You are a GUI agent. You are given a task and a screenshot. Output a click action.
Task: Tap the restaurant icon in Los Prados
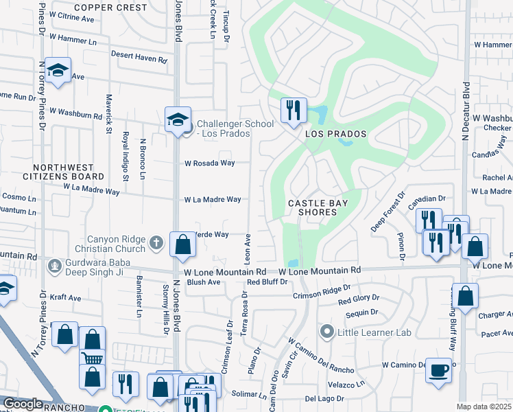click(x=293, y=109)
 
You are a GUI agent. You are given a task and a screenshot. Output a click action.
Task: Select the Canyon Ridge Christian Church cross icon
click(x=156, y=242)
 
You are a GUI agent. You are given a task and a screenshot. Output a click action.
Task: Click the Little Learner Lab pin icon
click(x=328, y=332)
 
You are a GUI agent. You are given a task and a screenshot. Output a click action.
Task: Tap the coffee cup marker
click(x=438, y=370)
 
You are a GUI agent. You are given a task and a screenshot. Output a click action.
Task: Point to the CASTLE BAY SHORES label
click(x=318, y=207)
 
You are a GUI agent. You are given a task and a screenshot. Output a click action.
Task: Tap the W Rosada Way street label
click(x=209, y=163)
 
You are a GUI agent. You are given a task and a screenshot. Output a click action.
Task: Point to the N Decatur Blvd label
click(x=466, y=112)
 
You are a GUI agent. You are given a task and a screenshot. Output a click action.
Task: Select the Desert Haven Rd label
click(x=139, y=60)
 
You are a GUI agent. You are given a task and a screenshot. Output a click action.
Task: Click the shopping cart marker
click(x=92, y=357)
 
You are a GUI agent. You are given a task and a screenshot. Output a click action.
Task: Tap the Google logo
click(x=22, y=404)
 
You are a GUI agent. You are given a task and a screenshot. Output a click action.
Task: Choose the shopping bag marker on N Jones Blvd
click(x=182, y=245)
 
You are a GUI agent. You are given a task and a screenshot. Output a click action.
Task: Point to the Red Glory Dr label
click(x=358, y=299)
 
